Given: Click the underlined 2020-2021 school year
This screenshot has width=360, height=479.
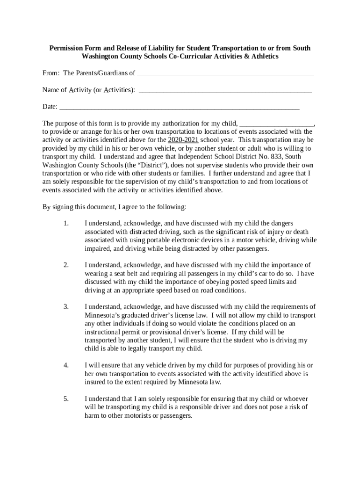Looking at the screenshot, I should click(x=183, y=140).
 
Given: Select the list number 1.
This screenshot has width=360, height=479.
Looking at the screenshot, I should click(x=66, y=224).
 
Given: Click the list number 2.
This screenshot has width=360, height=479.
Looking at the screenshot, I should click(x=66, y=265).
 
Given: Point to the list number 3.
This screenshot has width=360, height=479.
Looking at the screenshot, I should click(x=66, y=307).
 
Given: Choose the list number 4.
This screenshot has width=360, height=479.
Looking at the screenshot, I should click(x=66, y=365).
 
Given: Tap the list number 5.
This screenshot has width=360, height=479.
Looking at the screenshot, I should click(x=66, y=399).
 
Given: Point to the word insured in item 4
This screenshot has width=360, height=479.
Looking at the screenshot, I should click(x=95, y=382).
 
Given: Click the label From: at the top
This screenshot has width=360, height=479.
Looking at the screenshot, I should click(x=51, y=73).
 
